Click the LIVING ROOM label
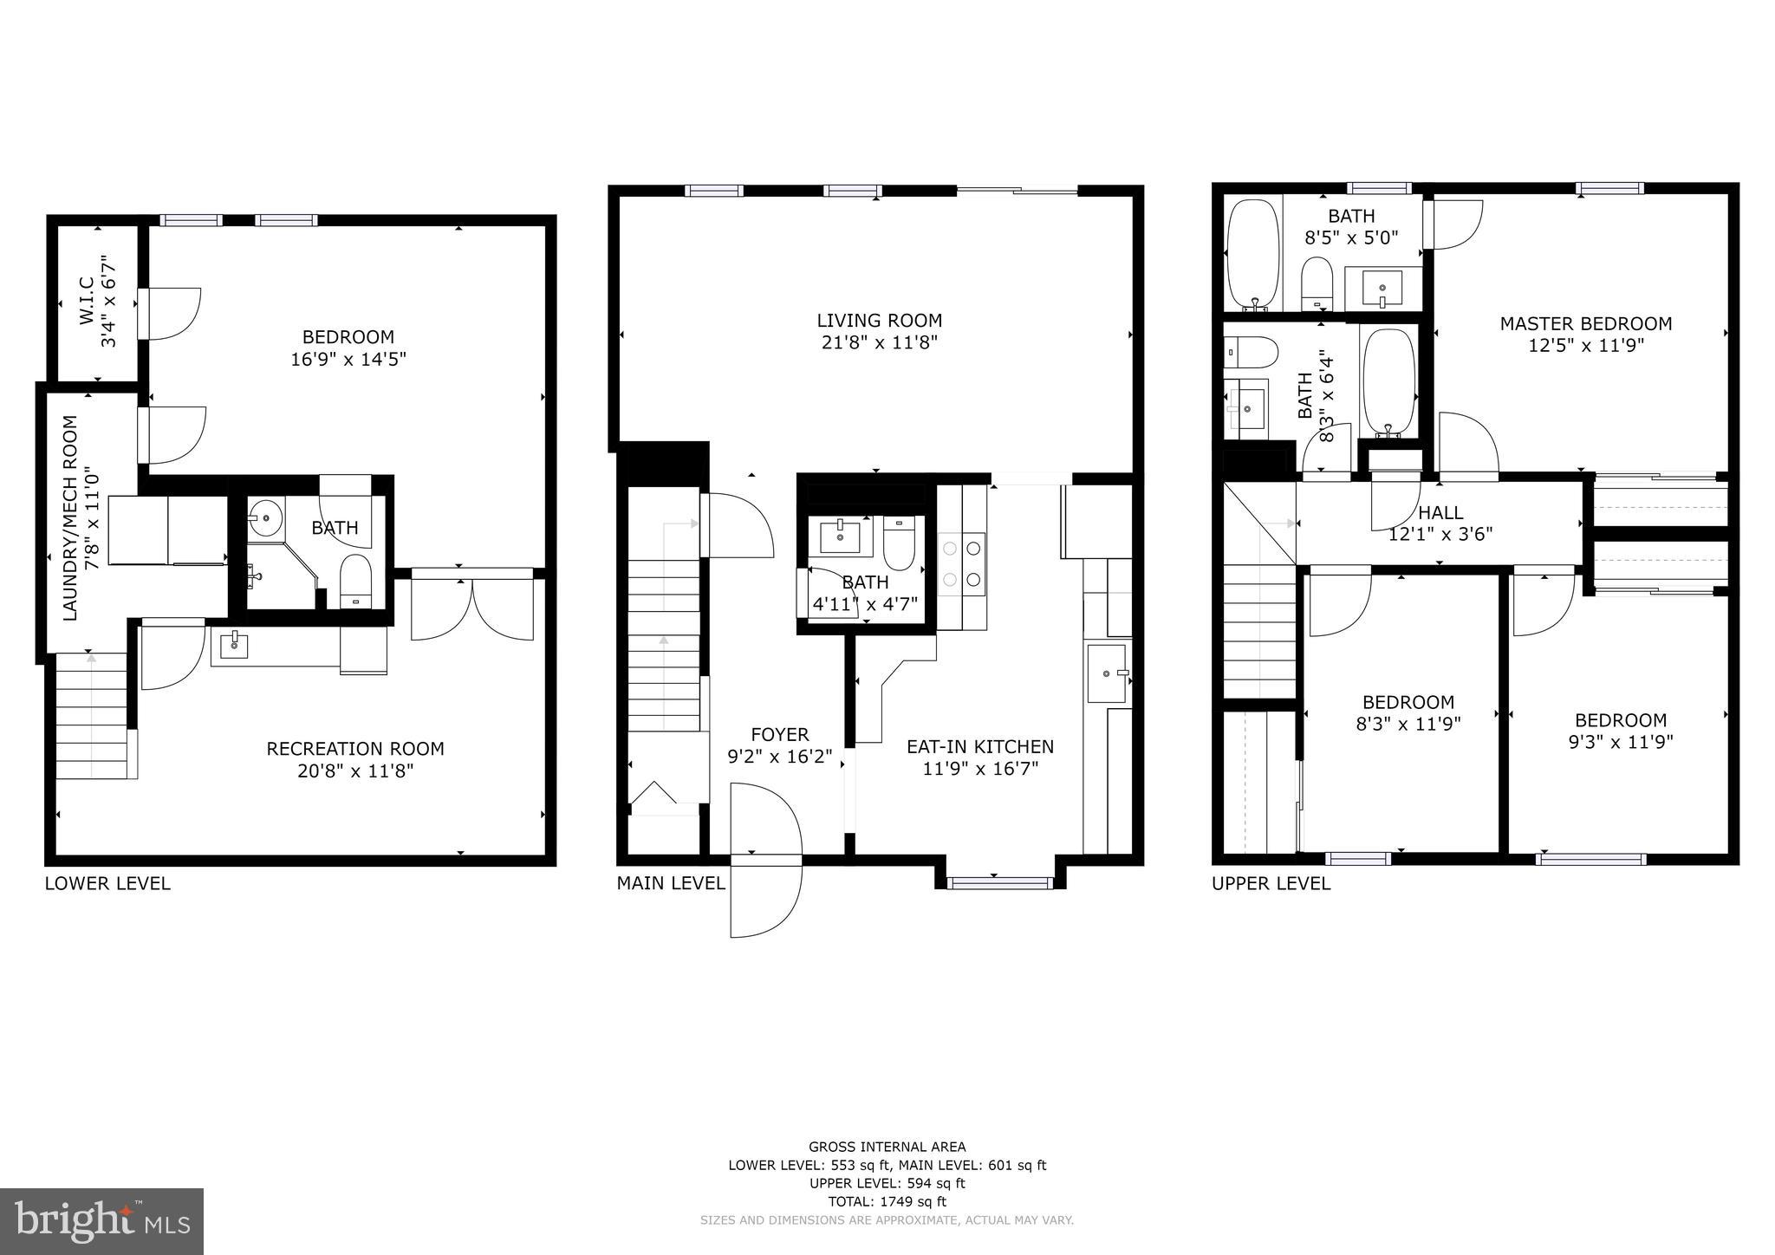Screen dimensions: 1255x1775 click(x=879, y=321)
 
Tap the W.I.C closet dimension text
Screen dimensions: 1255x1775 click(x=108, y=301)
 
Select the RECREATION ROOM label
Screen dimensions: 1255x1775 click(x=354, y=749)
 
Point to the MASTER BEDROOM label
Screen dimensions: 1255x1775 click(x=1585, y=324)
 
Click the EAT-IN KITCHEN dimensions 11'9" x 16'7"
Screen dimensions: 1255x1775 click(x=979, y=768)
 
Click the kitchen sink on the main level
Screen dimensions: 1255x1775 click(x=1107, y=673)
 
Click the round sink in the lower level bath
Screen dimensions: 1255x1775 click(x=264, y=518)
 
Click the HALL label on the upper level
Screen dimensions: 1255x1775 click(x=1440, y=513)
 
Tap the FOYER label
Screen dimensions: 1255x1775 click(x=779, y=735)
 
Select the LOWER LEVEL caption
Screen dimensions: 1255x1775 click(x=107, y=883)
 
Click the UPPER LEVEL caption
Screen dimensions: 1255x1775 click(x=1270, y=883)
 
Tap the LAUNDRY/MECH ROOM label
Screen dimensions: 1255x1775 click(x=71, y=517)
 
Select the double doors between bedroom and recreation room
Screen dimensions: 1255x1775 click(x=471, y=607)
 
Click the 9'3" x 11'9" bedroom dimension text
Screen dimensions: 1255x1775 click(x=1620, y=742)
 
